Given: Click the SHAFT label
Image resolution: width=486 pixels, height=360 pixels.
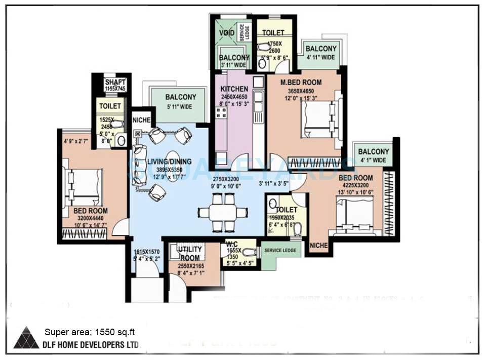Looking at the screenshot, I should pyautogui.click(x=115, y=83).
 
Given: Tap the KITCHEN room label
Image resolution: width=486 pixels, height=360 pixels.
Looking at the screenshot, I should pyautogui.click(x=234, y=89).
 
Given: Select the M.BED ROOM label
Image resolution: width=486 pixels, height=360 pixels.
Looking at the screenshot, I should pyautogui.click(x=302, y=83).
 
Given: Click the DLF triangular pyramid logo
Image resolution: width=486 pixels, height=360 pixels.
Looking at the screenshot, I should pyautogui.click(x=26, y=338).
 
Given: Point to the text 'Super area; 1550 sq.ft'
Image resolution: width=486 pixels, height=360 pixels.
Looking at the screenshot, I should pyautogui.click(x=89, y=332).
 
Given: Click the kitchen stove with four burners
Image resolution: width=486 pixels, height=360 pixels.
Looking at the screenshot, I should pyautogui.click(x=222, y=112).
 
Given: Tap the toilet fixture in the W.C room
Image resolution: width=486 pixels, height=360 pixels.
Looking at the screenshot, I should pyautogui.click(x=248, y=252).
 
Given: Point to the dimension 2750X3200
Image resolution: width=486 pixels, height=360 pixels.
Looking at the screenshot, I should pyautogui.click(x=226, y=179).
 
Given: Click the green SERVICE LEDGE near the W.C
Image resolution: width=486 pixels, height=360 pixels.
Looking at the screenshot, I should pyautogui.click(x=279, y=250).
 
